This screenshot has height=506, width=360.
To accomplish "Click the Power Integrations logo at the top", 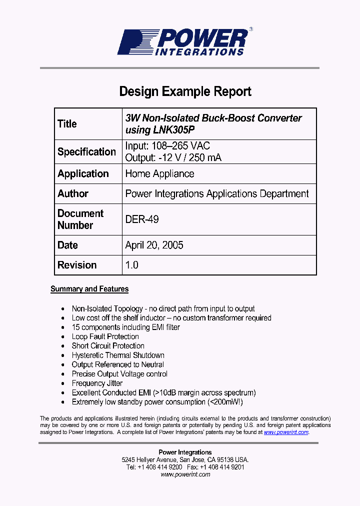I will point(182,42).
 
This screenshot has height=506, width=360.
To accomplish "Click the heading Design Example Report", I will point(185,91).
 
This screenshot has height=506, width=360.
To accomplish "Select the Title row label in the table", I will point(67,124).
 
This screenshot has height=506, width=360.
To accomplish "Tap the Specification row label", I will point(86,151).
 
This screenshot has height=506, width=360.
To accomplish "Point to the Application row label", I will point(83,173).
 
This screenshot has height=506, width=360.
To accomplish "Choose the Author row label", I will point(73,193).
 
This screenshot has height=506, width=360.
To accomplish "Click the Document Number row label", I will point(80,219).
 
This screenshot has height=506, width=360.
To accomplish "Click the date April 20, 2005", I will point(154,245).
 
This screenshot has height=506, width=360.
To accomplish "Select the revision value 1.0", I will point(132,265).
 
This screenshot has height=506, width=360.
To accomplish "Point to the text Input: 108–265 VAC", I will point(167,146).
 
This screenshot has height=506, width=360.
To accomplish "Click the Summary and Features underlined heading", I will point(89,289).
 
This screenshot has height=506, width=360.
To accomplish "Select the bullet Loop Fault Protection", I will point(105,336).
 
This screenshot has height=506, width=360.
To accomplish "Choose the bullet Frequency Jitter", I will point(97,383).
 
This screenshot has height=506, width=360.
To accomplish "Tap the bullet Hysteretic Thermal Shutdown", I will point(118,355).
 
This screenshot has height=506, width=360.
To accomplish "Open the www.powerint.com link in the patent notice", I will point(286,432).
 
